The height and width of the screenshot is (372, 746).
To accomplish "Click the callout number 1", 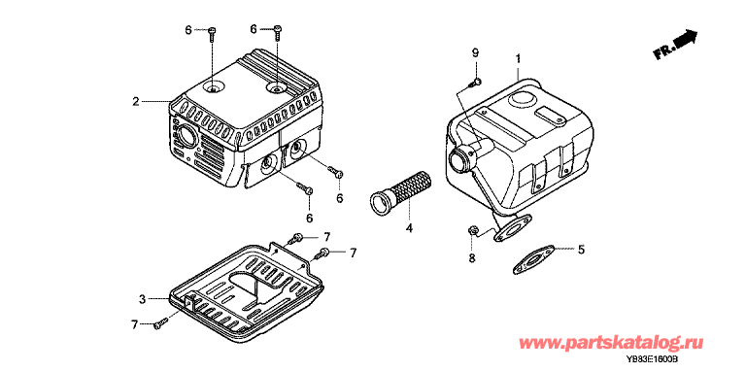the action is click(x=518, y=58).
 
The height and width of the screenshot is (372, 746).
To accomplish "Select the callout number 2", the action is click(x=136, y=101).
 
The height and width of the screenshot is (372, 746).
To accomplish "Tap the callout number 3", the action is click(x=142, y=299).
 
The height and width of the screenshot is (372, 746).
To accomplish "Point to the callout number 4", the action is click(x=409, y=229).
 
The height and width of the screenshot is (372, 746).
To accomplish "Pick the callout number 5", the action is click(x=581, y=249).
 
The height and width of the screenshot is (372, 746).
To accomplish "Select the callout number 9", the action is click(x=474, y=52).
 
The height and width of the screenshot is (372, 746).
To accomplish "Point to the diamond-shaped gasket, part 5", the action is click(x=534, y=259).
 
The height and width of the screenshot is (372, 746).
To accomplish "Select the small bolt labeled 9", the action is click(x=474, y=84).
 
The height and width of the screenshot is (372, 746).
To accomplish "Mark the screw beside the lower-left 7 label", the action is click(x=160, y=323).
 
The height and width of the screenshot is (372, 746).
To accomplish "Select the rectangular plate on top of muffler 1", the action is click(x=550, y=116).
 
